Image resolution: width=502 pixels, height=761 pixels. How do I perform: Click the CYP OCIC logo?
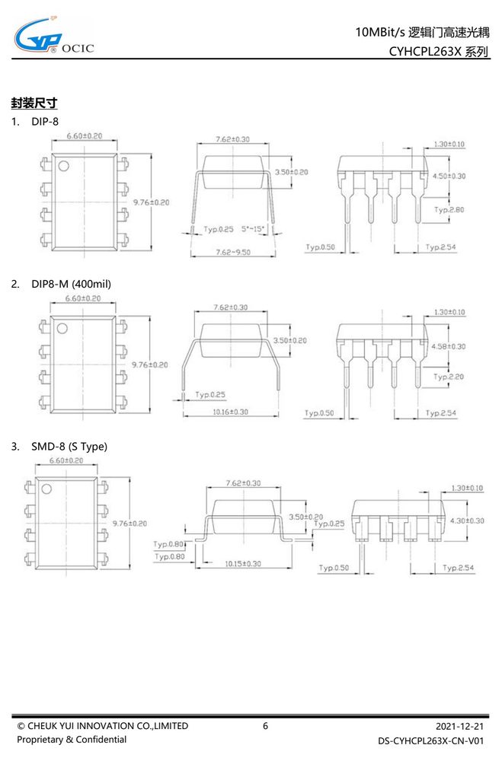click(x=53, y=36)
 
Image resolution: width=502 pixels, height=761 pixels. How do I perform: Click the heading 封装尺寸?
click(x=34, y=103)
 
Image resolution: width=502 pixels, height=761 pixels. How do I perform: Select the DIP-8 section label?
click(x=45, y=121)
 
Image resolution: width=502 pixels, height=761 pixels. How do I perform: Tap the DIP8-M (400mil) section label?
click(x=71, y=284)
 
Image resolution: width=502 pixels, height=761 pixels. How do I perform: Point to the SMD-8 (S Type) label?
click(x=69, y=447)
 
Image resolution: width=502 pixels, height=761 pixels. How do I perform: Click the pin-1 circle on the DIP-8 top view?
click(x=63, y=166)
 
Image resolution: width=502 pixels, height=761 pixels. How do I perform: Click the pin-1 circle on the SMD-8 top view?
click(x=46, y=489)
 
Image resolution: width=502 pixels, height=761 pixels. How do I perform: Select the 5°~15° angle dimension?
click(x=253, y=228)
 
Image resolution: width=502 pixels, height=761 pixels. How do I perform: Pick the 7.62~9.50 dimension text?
click(x=233, y=252)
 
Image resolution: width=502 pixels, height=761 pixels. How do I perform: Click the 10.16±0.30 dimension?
click(x=230, y=412)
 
